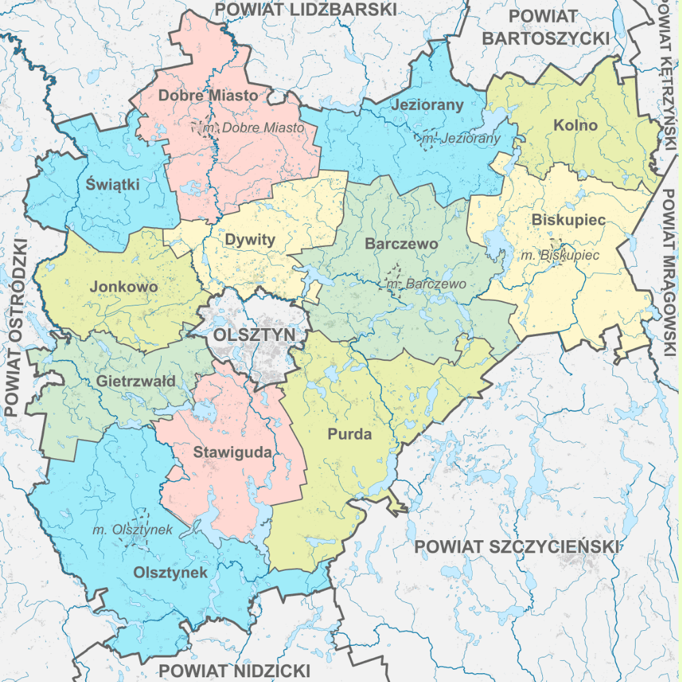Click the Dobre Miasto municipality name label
208,95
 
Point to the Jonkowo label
123,287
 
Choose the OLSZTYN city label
254,335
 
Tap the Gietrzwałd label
136,381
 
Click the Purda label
349,434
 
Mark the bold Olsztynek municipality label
170,572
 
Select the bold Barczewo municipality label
401,243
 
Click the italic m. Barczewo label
426,284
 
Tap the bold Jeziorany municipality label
427,105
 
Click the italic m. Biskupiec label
559,255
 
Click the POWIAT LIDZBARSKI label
306,9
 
